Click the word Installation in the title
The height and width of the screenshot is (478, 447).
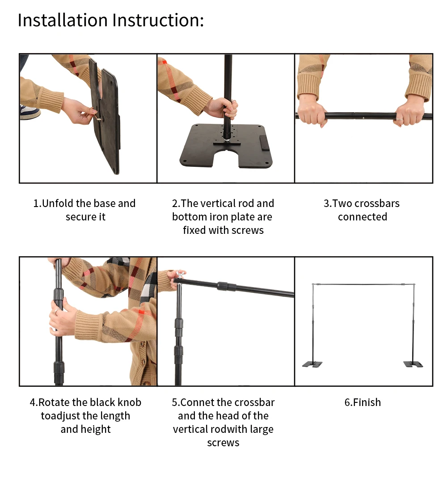63,20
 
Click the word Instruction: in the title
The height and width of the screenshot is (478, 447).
158,20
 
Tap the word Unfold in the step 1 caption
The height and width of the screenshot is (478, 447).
58,203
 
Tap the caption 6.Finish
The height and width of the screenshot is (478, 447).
363,402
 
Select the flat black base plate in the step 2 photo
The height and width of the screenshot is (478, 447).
226,146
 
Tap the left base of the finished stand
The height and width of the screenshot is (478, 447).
312,364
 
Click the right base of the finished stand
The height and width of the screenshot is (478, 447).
413,364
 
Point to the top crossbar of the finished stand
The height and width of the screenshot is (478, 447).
363,284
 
